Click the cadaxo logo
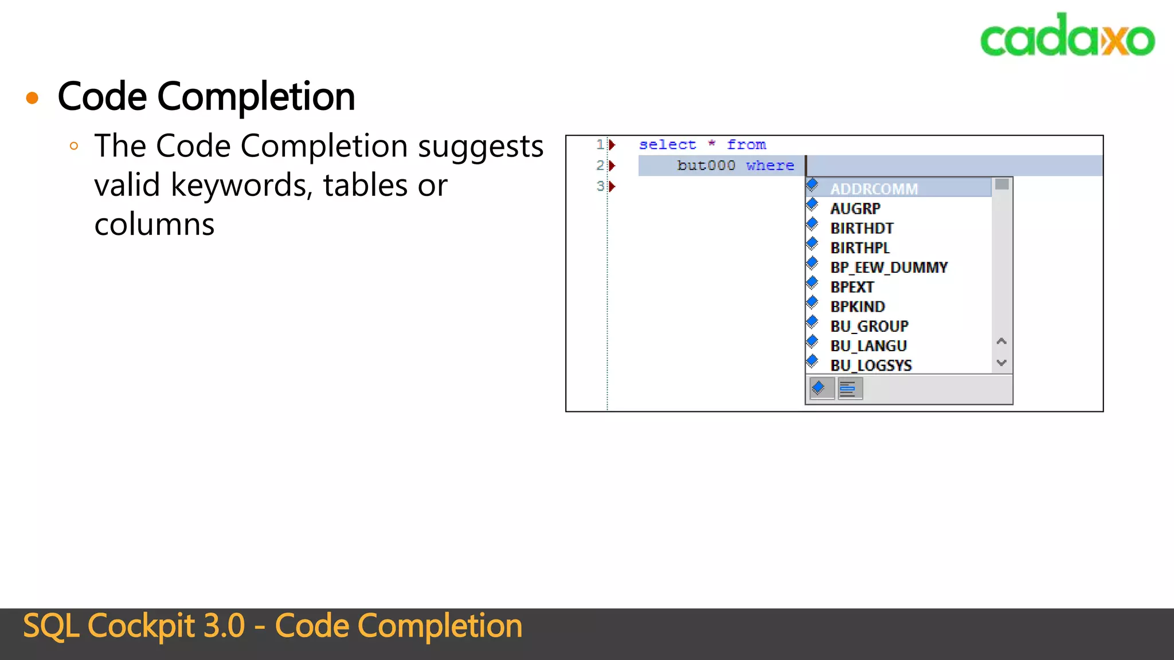click(1067, 36)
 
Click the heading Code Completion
click(206, 96)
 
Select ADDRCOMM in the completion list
click(874, 188)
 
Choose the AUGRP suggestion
click(855, 209)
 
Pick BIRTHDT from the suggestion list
click(862, 228)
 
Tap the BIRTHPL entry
click(860, 247)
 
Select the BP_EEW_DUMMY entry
click(889, 268)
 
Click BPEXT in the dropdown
click(852, 287)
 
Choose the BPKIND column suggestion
click(858, 307)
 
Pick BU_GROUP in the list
click(869, 326)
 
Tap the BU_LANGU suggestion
click(868, 345)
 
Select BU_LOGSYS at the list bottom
click(871, 365)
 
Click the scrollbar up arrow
click(1001, 341)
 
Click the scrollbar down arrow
click(1001, 363)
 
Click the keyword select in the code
click(667, 145)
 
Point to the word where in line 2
click(770, 166)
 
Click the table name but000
click(706, 166)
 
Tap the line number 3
click(600, 186)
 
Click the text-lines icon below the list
click(850, 389)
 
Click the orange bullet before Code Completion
click(33, 98)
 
